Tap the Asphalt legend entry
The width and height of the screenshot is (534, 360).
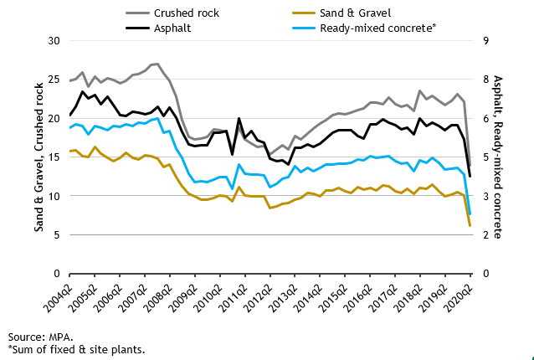point(172,28)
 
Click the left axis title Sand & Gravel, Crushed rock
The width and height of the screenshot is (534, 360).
point(39,157)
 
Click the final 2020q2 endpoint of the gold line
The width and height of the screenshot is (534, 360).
point(470,226)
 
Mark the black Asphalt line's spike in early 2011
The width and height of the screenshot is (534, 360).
point(239,119)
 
